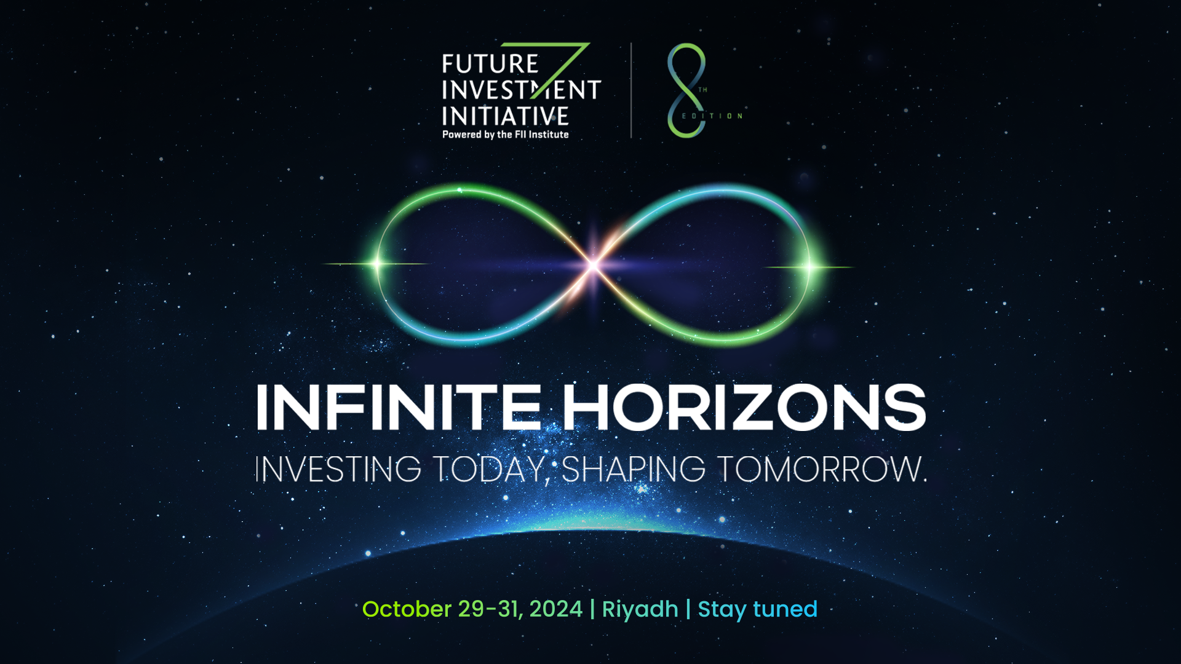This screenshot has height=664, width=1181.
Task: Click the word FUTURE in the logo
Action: (x=490, y=64)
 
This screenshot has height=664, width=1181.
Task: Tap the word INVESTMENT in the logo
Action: (x=520, y=90)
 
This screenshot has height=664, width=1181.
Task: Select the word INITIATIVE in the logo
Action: (x=505, y=116)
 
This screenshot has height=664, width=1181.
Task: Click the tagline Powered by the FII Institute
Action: (x=505, y=135)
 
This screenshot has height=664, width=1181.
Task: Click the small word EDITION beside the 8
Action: (x=712, y=116)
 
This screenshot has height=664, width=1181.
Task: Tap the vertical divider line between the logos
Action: (x=631, y=90)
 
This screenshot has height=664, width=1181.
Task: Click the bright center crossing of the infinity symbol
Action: (x=593, y=265)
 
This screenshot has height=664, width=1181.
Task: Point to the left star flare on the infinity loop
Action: (x=377, y=264)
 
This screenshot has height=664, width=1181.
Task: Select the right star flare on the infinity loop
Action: (x=809, y=266)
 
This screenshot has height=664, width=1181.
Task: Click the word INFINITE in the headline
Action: (x=399, y=408)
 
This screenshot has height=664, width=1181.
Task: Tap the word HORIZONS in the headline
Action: (x=744, y=408)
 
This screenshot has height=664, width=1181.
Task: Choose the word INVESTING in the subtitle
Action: (x=338, y=470)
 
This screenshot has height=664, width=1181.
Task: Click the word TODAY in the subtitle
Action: (x=489, y=470)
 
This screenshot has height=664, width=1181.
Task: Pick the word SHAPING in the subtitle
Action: (x=634, y=470)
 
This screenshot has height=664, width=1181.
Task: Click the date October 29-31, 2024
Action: (x=472, y=609)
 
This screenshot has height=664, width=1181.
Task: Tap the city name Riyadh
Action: (x=640, y=609)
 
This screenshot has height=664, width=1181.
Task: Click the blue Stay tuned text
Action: (x=757, y=609)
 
